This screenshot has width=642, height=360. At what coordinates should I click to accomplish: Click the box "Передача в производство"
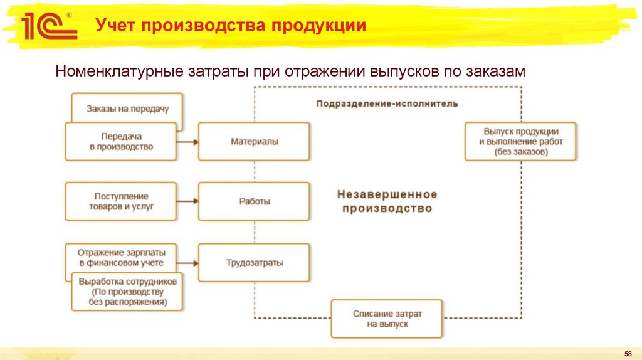(120, 141)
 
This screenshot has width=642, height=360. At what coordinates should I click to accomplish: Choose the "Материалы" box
(254, 141)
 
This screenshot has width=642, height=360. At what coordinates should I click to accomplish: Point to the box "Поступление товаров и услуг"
(120, 201)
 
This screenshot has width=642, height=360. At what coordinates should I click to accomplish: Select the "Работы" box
(254, 201)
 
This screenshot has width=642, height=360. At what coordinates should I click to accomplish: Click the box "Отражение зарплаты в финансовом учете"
(120, 257)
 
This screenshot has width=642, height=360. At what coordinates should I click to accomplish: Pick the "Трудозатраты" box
(254, 262)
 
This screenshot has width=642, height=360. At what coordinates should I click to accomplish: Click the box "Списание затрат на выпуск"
(387, 318)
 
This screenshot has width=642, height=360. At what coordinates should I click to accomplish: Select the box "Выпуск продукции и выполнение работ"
(520, 141)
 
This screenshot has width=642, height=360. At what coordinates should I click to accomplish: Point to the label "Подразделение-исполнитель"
(387, 103)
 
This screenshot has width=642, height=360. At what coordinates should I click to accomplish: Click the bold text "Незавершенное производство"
(387, 201)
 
